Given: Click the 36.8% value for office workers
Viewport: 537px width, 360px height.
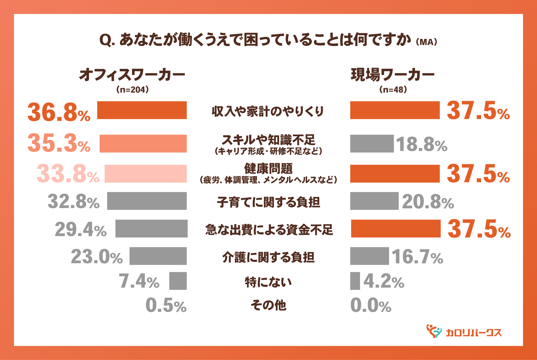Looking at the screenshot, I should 59,112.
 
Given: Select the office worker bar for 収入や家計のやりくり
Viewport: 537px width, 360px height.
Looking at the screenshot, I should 142,110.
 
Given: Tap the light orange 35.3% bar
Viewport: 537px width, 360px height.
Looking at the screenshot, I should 143,143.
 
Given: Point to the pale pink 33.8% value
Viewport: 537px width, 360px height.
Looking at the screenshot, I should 68,174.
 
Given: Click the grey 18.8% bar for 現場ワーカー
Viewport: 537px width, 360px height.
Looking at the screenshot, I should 372,143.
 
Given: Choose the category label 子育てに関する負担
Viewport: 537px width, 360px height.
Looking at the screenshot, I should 268,202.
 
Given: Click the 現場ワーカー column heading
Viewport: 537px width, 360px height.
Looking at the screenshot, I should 393,75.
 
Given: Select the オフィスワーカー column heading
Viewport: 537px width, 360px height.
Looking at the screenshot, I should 132,75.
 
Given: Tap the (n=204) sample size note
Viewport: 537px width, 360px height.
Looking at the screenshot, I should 132,90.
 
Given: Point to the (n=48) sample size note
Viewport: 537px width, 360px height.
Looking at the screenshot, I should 393,90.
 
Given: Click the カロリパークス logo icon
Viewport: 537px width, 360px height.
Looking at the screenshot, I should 434,331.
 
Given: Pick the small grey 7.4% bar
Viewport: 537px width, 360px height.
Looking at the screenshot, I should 178,281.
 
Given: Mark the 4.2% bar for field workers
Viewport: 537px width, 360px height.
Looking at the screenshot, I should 355,281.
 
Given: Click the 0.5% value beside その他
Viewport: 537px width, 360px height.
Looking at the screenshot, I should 166,305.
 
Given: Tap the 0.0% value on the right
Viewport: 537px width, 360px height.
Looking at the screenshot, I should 371,305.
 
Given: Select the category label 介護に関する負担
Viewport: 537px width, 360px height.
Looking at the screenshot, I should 268,257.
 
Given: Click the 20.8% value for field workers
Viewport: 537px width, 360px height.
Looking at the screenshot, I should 428,202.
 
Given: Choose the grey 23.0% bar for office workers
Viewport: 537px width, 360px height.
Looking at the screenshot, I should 158,256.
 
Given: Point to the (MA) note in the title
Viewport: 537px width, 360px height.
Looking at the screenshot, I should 426,42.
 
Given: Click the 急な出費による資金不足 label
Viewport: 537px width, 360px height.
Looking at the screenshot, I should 269,230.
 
